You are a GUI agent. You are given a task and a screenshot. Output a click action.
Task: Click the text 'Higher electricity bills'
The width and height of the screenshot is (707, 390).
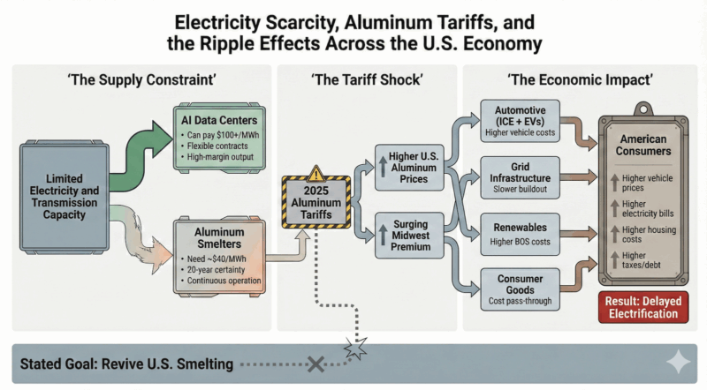[644, 211]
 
